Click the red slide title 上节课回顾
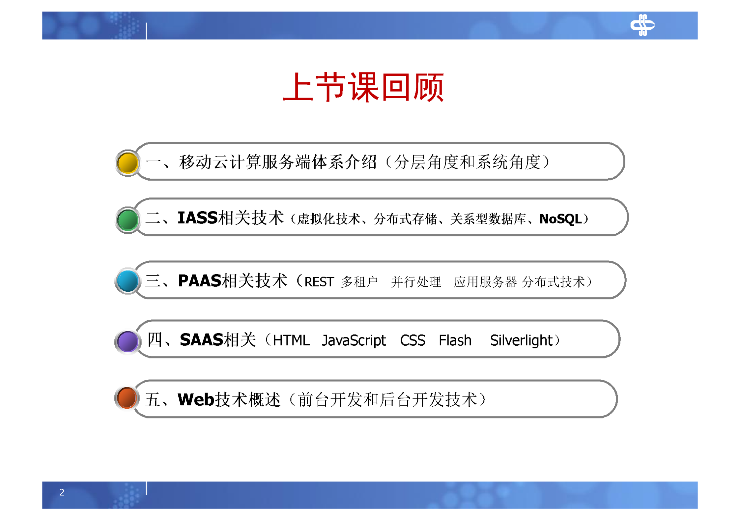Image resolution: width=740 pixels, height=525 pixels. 363,87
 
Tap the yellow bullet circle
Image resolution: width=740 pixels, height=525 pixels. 128,163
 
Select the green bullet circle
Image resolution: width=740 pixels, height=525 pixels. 128,220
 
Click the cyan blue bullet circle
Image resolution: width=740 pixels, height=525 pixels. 128,281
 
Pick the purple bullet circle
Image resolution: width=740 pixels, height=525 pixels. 128,341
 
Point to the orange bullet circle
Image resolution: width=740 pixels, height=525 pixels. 127,398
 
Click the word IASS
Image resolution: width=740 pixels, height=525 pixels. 197,218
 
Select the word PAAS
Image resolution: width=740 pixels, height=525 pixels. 199,281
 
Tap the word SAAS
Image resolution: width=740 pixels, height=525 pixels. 201,340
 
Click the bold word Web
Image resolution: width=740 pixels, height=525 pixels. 196,399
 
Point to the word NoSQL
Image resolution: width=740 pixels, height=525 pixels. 560,219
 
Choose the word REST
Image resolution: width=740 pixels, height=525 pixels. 319,282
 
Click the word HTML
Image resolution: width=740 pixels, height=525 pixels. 291,340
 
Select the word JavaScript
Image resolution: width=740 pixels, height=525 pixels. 354,340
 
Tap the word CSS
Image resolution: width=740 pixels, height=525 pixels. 413,340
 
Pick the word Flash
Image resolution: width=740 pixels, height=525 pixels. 455,340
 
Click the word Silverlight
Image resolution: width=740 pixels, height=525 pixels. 521,340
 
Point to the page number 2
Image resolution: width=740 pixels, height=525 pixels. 62,492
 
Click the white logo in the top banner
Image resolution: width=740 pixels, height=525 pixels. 642,25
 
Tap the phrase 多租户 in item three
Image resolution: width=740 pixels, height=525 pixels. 359,282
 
